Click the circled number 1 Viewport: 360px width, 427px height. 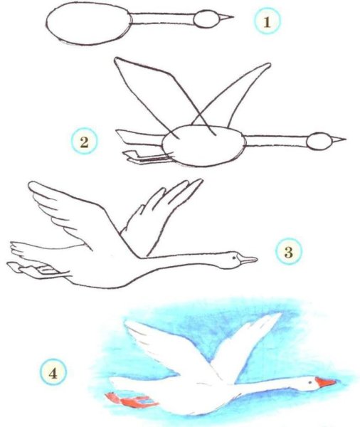(x=267, y=22)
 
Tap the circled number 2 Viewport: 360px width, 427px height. (x=84, y=142)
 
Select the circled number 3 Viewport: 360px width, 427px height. (x=288, y=252)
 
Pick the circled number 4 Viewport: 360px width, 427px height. (x=53, y=373)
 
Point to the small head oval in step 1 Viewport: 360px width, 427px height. (x=206, y=19)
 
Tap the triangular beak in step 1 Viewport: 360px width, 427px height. (x=226, y=18)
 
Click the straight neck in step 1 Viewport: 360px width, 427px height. (x=163, y=19)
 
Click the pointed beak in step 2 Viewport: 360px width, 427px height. (x=338, y=139)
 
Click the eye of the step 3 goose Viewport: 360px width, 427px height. (x=233, y=258)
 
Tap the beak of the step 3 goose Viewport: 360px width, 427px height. (x=248, y=259)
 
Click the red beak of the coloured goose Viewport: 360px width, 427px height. (x=325, y=382)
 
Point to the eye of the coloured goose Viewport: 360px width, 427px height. (x=310, y=382)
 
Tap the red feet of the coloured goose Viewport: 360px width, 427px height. (x=131, y=400)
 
